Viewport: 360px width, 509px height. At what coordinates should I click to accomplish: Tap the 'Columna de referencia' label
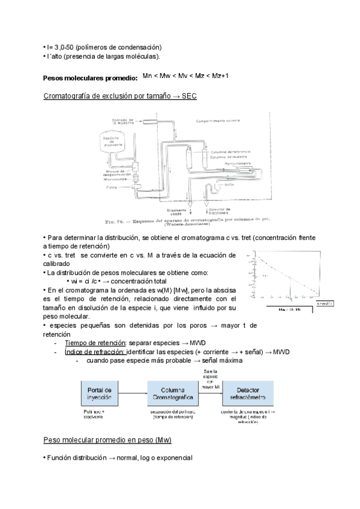tap(230, 152)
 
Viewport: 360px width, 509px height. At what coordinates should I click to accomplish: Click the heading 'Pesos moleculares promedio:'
tap(91, 79)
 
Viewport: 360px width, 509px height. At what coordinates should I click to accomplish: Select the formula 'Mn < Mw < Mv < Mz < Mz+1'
tap(186, 76)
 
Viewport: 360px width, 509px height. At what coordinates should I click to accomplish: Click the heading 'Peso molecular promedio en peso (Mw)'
tap(108, 441)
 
